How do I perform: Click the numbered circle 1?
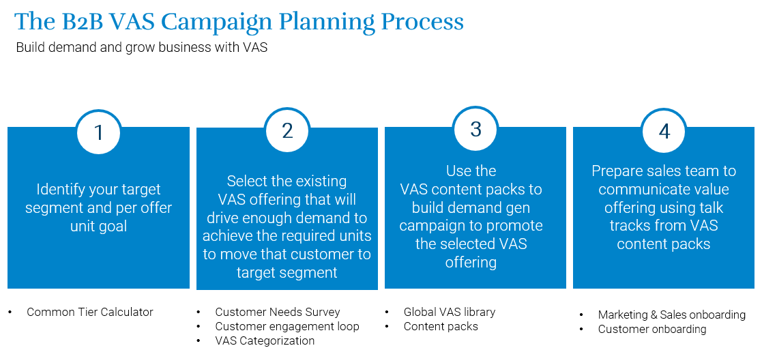(99, 131)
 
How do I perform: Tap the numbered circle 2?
(287, 130)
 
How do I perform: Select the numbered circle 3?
(475, 128)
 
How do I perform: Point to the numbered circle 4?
(664, 131)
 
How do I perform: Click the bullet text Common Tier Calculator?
(90, 312)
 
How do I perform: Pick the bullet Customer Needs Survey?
(278, 312)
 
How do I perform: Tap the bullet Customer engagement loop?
(287, 326)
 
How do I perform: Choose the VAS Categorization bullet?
(265, 340)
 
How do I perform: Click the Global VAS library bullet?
(450, 312)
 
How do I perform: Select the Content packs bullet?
(441, 326)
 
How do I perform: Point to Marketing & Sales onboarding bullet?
(672, 315)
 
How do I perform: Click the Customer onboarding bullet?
(652, 329)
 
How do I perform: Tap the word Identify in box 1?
(61, 190)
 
